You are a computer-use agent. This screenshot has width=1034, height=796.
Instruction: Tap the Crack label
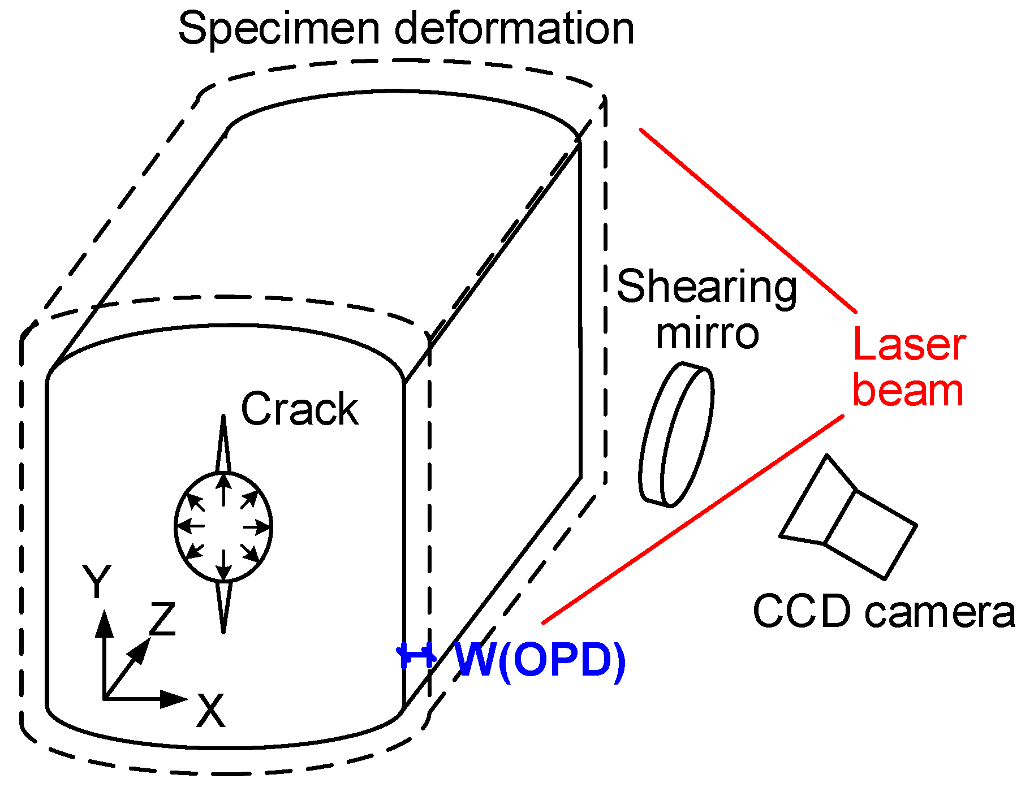click(299, 409)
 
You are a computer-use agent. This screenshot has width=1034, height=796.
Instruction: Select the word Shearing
click(706, 287)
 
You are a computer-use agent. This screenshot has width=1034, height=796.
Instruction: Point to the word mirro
click(706, 334)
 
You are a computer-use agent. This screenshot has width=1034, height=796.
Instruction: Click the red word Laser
click(908, 344)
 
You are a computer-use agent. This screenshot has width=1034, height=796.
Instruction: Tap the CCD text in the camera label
click(802, 611)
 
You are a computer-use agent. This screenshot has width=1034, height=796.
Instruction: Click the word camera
click(940, 612)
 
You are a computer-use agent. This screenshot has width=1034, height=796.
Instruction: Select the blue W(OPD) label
click(540, 660)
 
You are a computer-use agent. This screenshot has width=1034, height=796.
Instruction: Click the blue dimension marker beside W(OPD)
click(416, 656)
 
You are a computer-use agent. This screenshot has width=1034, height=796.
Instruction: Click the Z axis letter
click(163, 618)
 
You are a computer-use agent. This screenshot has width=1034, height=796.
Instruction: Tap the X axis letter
click(210, 711)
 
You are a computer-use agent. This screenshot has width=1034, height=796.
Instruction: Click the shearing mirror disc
click(677, 434)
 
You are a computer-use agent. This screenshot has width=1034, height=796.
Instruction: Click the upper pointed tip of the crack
click(223, 419)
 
